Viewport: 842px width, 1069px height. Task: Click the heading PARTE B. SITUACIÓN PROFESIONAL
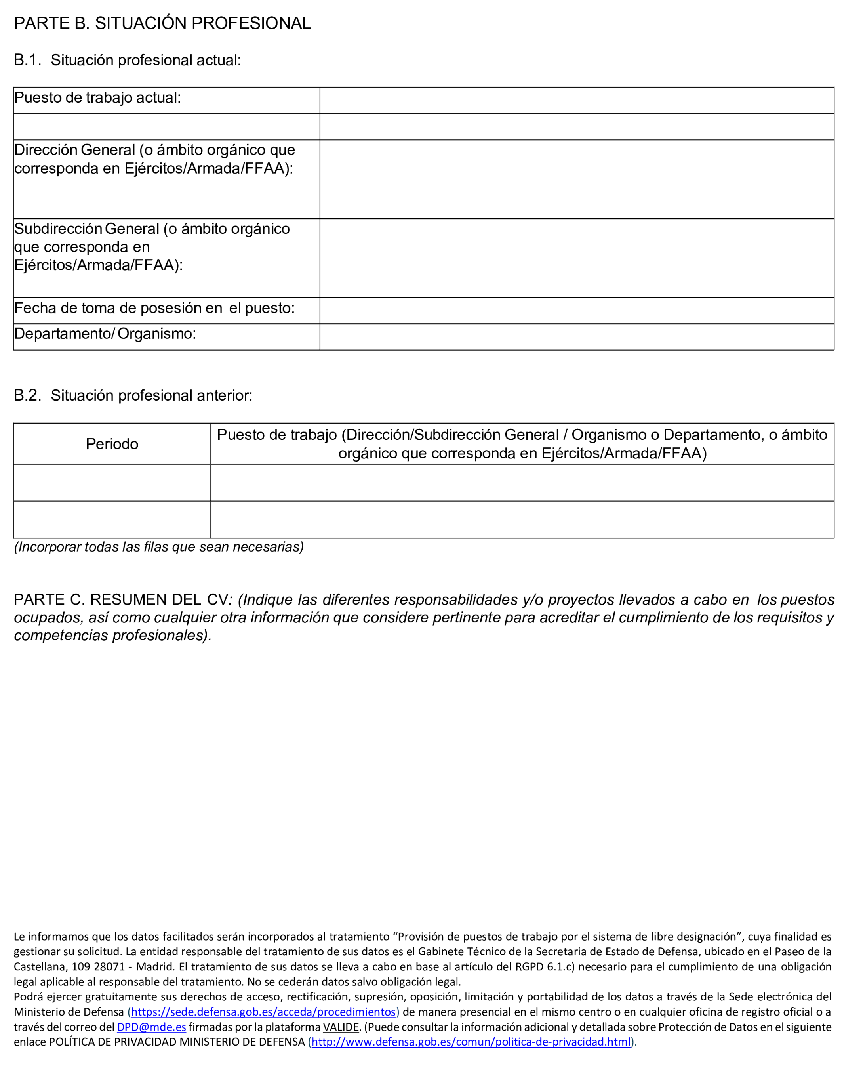click(x=162, y=23)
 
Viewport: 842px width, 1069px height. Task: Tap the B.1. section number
click(x=27, y=60)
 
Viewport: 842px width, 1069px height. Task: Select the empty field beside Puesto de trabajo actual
click(x=576, y=101)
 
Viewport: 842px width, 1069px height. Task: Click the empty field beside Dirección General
click(x=576, y=179)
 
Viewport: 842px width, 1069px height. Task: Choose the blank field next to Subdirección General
click(x=576, y=258)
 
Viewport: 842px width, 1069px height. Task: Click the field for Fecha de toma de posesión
click(x=576, y=310)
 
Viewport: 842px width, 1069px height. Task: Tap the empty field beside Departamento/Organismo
click(x=576, y=337)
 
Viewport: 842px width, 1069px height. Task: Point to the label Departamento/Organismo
click(x=105, y=334)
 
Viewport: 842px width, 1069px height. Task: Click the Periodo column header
click(x=112, y=444)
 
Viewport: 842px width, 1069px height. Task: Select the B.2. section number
click(x=27, y=395)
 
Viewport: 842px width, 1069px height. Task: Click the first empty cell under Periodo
click(x=112, y=482)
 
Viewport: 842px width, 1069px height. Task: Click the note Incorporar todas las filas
click(x=159, y=547)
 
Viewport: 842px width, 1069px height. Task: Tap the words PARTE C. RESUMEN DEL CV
click(x=121, y=599)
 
